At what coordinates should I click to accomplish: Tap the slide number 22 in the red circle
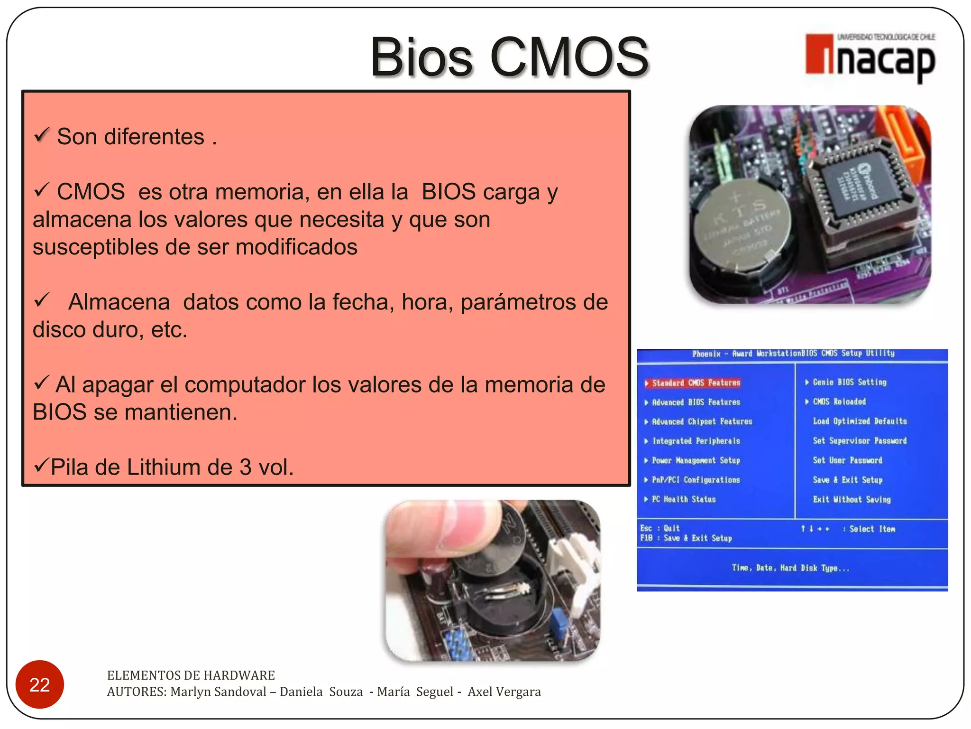click(x=39, y=684)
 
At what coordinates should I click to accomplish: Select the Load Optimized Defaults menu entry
click(x=859, y=421)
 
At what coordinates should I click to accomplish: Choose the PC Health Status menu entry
click(x=683, y=499)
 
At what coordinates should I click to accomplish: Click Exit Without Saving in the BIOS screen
click(x=852, y=499)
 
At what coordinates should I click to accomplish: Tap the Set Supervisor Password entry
click(x=859, y=440)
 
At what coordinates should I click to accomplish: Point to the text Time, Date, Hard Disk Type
click(x=790, y=568)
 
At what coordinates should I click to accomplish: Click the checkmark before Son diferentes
click(x=42, y=135)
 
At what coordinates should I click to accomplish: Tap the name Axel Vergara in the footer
click(x=504, y=692)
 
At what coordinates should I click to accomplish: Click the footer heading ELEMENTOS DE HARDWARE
click(x=191, y=675)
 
